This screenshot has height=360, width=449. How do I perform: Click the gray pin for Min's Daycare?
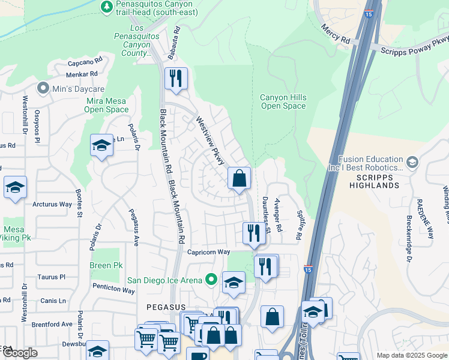[43, 89]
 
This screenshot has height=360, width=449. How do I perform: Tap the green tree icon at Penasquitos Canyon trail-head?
[106, 7]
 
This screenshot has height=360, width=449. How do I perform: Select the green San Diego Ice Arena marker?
[211, 279]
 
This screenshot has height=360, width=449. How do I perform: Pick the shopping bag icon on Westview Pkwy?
[239, 178]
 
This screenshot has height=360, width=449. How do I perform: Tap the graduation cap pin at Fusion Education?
[412, 163]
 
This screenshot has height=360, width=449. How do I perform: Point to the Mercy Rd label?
[336, 34]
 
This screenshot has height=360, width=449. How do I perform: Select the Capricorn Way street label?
[208, 252]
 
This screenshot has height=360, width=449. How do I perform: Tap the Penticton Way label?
[113, 289]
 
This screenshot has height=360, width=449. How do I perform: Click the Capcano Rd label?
[85, 61]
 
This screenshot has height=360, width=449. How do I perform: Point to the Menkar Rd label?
[82, 74]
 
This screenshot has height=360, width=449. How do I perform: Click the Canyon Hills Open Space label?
[283, 102]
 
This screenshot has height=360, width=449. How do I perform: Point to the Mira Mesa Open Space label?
[106, 105]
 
